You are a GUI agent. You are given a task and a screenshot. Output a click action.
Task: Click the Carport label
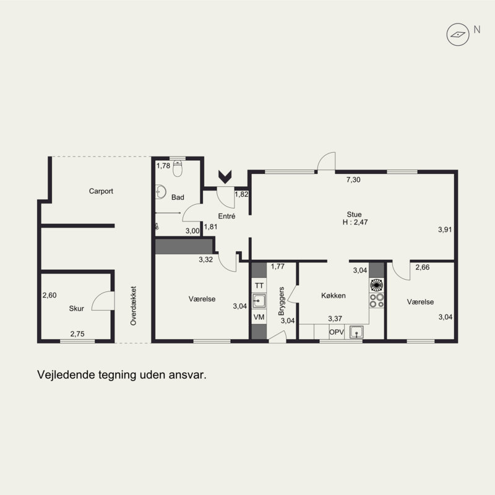click(x=101, y=191)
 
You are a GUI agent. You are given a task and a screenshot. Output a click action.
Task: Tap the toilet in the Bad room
click(x=178, y=168)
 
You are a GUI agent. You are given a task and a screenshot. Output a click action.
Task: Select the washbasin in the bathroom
click(x=161, y=192)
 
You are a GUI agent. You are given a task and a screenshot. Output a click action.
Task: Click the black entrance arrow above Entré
click(x=225, y=177)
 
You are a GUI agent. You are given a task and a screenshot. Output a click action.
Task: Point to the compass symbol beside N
click(x=458, y=35)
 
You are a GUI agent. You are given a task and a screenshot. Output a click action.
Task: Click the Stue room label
click(x=354, y=214)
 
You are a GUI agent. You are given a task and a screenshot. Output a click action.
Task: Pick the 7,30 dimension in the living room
click(x=353, y=179)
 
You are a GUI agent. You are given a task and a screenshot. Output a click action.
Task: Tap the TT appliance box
click(x=259, y=286)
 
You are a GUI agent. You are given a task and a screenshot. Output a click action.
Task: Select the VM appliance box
click(x=259, y=317)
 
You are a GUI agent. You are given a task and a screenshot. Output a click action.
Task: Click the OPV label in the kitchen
click(x=337, y=332)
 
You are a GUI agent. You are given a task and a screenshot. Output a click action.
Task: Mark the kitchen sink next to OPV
click(x=356, y=332)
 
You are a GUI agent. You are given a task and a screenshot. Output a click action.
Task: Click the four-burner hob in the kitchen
click(x=377, y=300)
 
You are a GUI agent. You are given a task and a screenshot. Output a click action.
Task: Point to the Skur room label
click(x=76, y=308)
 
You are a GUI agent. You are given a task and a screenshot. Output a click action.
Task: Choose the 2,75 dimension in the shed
click(x=77, y=334)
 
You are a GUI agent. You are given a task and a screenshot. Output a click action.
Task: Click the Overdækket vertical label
click(x=133, y=306)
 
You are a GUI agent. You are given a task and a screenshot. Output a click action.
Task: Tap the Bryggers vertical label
click(x=282, y=301)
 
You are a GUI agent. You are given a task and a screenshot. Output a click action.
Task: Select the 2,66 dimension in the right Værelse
click(x=423, y=267)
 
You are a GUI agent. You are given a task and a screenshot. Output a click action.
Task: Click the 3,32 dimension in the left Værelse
click(x=206, y=259)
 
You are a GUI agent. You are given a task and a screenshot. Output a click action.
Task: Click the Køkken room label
click(x=334, y=296)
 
